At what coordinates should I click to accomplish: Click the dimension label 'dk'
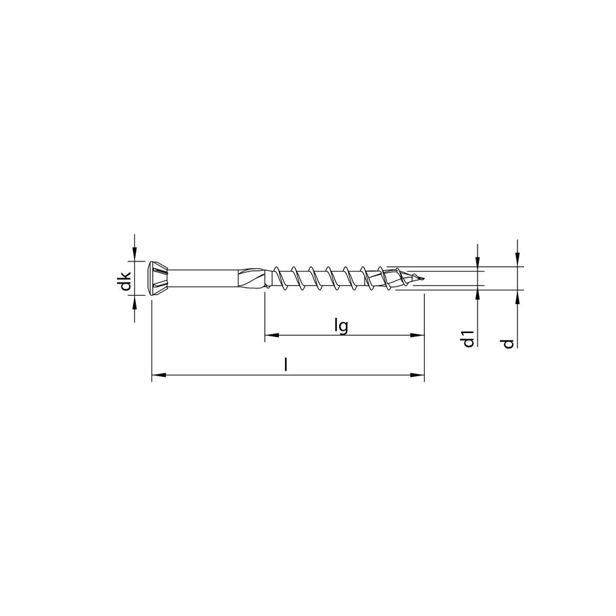tap(123, 280)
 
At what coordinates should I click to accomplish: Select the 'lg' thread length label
tap(341, 326)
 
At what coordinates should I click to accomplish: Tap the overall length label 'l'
tap(286, 365)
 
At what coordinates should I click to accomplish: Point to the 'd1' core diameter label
tap(468, 338)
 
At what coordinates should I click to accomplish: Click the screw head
tap(157, 278)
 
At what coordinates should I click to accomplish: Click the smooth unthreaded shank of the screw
tap(203, 278)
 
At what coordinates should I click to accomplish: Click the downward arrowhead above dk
tap(135, 255)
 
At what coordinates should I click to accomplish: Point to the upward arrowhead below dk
tap(135, 301)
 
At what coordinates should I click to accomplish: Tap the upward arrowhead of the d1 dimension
tap(478, 293)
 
